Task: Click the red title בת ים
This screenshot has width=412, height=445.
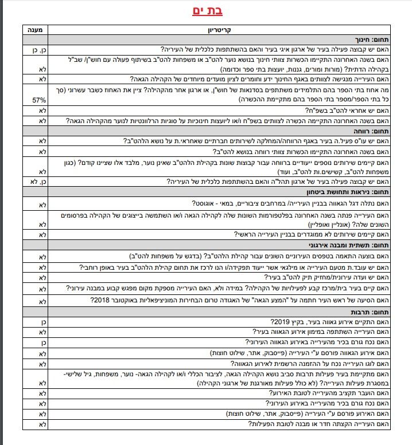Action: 206,11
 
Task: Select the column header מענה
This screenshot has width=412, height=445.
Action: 34,29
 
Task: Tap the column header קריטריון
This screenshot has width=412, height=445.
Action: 219,29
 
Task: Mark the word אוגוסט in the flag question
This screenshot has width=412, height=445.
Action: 198,203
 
